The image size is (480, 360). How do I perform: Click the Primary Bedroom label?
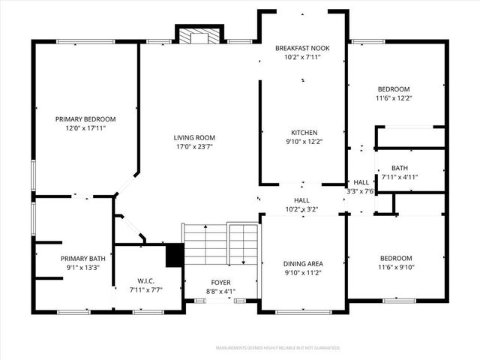pyautogui.click(x=85, y=118)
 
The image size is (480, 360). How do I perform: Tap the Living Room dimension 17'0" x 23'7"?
pyautogui.click(x=194, y=147)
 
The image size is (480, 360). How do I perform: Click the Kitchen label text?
pyautogui.click(x=303, y=132)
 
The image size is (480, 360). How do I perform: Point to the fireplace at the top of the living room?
pyautogui.click(x=198, y=35)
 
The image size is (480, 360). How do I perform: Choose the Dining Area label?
pyautogui.click(x=303, y=263)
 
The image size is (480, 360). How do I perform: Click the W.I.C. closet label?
pyautogui.click(x=145, y=280)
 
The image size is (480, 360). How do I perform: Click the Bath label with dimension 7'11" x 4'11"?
pyautogui.click(x=399, y=168)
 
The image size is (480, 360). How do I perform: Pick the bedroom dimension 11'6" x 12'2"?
pyautogui.click(x=394, y=97)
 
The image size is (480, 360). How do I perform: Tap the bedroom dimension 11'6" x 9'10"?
pyautogui.click(x=395, y=268)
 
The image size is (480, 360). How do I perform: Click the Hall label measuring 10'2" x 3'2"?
pyautogui.click(x=302, y=200)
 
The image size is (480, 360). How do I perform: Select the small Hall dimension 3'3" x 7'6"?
pyautogui.click(x=361, y=191)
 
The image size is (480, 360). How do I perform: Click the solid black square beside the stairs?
pyautogui.click(x=174, y=255)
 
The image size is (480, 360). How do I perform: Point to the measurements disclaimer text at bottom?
pyautogui.click(x=277, y=348)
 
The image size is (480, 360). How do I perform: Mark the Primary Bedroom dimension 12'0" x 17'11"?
pyautogui.click(x=85, y=128)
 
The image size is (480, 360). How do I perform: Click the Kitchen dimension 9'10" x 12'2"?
pyautogui.click(x=303, y=142)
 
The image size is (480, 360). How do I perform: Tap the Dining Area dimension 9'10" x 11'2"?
pyautogui.click(x=303, y=273)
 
